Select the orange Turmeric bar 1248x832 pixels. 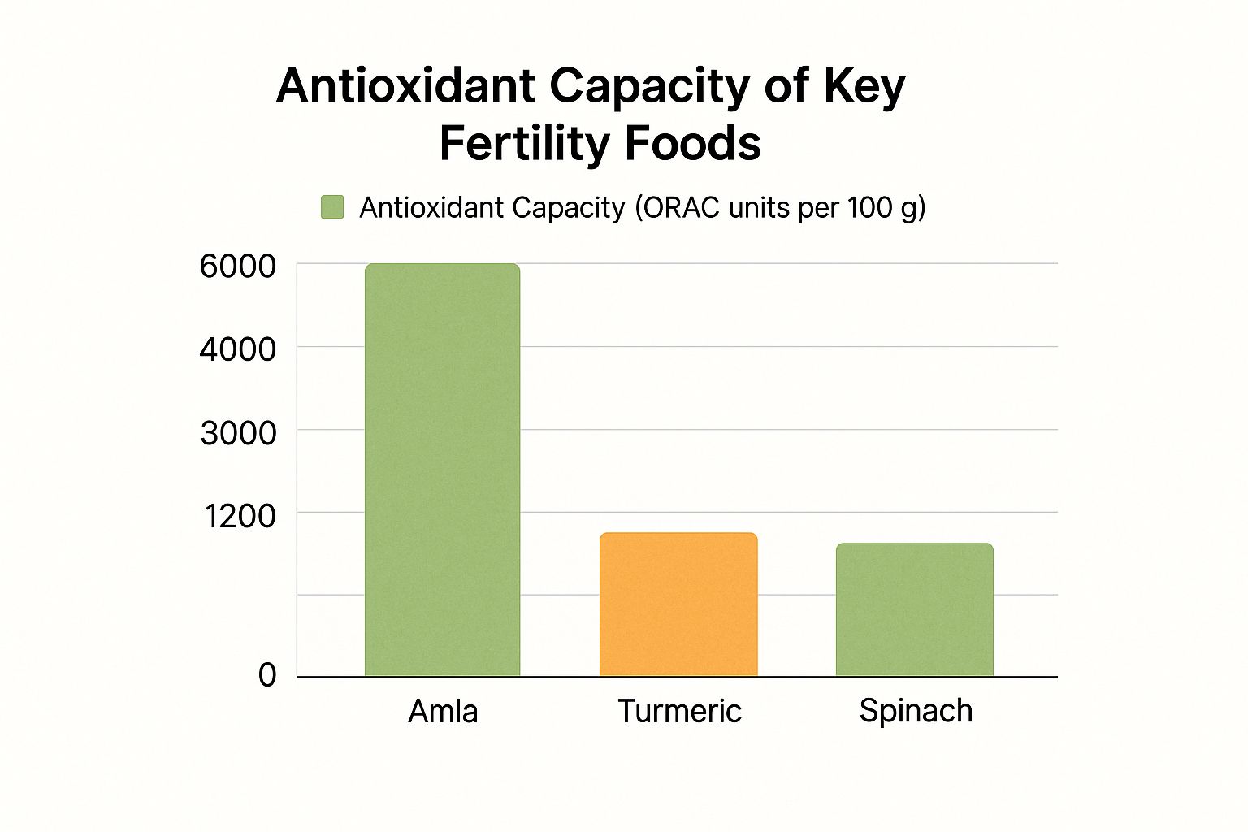(678, 604)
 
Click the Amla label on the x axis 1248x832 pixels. (443, 712)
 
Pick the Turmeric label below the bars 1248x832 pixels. (679, 712)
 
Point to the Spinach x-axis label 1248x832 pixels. (916, 711)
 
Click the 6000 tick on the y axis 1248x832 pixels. (237, 266)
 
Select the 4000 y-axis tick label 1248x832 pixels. (237, 349)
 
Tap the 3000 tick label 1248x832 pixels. (238, 433)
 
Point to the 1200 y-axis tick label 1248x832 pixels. (240, 516)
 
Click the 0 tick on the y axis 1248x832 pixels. (267, 675)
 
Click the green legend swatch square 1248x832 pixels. (332, 207)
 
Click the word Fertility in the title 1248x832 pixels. (524, 144)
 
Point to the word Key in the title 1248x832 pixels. (864, 87)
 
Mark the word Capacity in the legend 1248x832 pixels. (568, 209)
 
